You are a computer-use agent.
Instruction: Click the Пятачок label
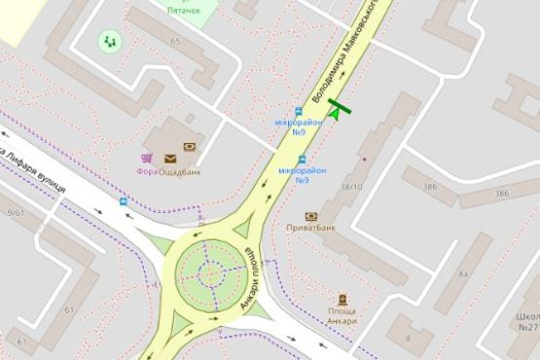(x=183, y=10)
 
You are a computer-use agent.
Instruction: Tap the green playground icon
(x=109, y=42)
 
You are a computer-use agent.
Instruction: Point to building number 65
(x=175, y=41)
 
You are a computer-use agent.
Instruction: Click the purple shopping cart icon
(x=147, y=157)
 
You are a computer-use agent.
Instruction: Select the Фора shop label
(x=147, y=171)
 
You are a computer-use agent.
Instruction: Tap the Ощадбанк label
(x=182, y=171)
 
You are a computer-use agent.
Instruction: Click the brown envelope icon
(x=170, y=157)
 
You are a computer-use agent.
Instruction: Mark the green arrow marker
(x=336, y=113)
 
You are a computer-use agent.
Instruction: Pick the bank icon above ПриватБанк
(x=311, y=216)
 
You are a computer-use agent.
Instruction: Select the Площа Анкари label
(x=342, y=316)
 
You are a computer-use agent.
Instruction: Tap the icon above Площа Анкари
(x=342, y=300)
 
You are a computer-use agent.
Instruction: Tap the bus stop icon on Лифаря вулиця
(x=123, y=201)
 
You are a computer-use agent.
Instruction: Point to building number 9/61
(x=15, y=212)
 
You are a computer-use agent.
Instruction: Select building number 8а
(x=463, y=274)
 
